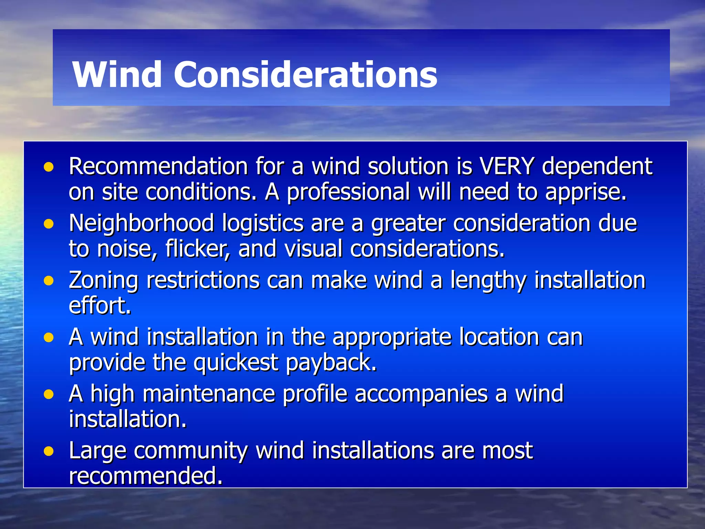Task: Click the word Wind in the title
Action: (117, 74)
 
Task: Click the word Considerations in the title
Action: (305, 74)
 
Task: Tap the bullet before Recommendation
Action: (49, 167)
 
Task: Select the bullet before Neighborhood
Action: (49, 224)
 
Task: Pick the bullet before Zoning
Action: (49, 281)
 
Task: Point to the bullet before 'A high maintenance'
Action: (49, 395)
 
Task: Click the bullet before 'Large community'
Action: (49, 452)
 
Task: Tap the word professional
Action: (348, 192)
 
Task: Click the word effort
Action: (100, 306)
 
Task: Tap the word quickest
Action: (236, 363)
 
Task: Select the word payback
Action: (332, 363)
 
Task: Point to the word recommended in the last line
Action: (146, 476)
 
